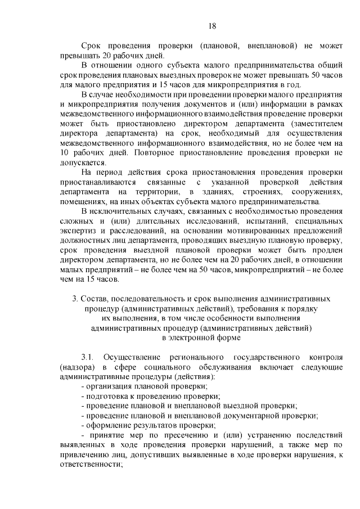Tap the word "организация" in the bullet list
coord(109,386)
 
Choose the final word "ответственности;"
coord(91,465)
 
